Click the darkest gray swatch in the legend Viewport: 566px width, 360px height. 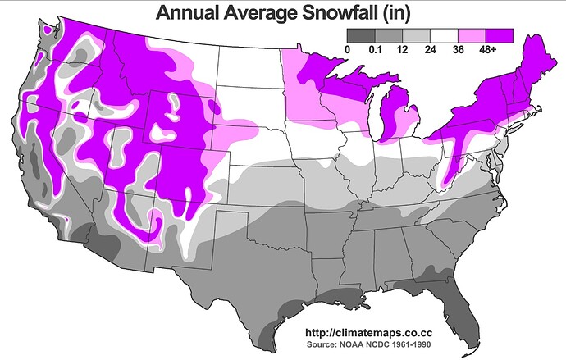pyautogui.click(x=361, y=35)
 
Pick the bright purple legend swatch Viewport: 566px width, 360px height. pyautogui.click(x=499, y=35)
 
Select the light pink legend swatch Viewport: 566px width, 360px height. pyautogui.click(x=471, y=35)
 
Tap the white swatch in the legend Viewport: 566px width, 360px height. pyautogui.click(x=444, y=35)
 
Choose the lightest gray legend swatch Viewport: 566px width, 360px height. pyautogui.click(x=416, y=35)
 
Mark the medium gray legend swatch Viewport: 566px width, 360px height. pyautogui.click(x=389, y=35)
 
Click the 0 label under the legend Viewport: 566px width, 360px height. pyautogui.click(x=348, y=50)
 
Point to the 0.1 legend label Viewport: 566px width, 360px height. pyautogui.click(x=375, y=50)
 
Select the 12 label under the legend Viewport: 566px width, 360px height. pyautogui.click(x=402, y=50)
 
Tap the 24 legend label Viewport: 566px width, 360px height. pyautogui.click(x=430, y=50)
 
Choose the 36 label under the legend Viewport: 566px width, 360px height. pyautogui.click(x=458, y=50)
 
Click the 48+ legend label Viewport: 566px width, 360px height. pyautogui.click(x=491, y=50)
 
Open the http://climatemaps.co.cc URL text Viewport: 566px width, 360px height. pyautogui.click(x=368, y=333)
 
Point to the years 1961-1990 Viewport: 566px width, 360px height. pyautogui.click(x=411, y=345)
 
